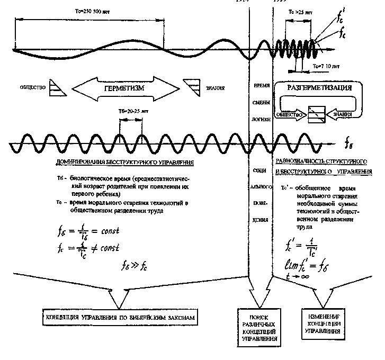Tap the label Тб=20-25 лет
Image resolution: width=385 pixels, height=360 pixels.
click(130, 111)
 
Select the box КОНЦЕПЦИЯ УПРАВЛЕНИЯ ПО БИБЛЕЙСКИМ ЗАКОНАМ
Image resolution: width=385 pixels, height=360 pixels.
click(120, 318)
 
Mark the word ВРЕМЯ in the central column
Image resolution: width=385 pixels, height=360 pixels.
click(261, 86)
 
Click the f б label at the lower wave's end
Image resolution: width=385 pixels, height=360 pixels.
click(350, 143)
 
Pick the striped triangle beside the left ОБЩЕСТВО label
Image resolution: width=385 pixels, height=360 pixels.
click(56, 88)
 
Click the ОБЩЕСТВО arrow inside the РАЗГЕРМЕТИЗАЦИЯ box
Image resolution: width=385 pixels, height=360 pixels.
click(289, 114)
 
